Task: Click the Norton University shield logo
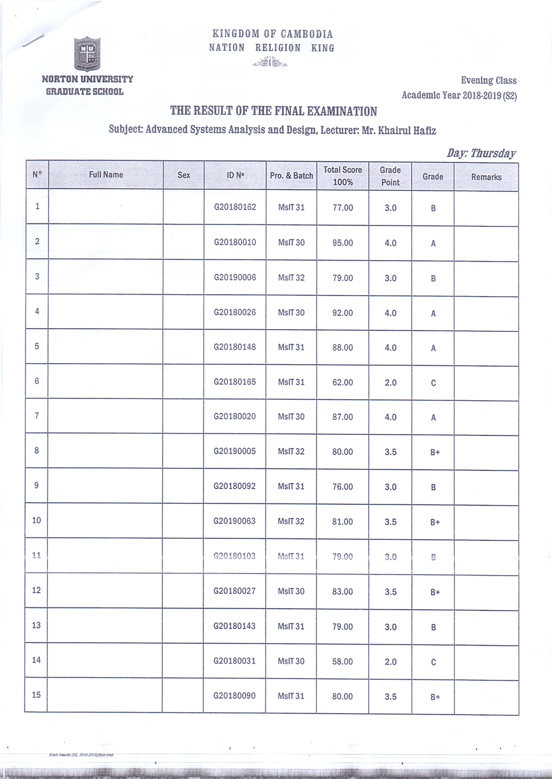click(87, 54)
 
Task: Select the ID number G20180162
click(235, 207)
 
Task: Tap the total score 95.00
click(342, 243)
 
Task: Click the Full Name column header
click(106, 175)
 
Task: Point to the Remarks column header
click(486, 177)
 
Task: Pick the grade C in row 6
click(433, 383)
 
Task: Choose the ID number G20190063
click(234, 521)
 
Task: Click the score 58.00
click(342, 661)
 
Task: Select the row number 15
click(36, 695)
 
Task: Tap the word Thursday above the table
click(493, 153)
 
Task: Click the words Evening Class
click(488, 80)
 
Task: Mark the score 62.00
click(342, 382)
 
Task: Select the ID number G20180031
click(234, 661)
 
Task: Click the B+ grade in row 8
click(435, 452)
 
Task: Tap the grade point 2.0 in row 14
click(390, 662)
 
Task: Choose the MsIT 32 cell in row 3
click(291, 278)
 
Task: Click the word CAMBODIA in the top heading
click(307, 34)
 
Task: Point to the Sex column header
click(184, 175)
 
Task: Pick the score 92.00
click(342, 313)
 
